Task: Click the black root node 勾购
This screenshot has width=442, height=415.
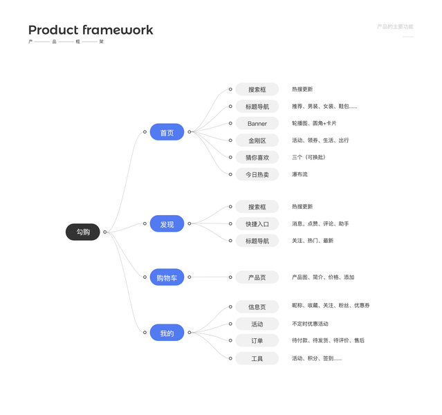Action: pos(83,232)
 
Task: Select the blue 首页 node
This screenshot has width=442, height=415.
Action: pos(167,132)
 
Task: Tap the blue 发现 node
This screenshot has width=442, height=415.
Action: pos(167,224)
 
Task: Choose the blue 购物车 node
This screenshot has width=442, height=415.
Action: pos(167,277)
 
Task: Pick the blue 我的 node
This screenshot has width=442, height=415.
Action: pos(167,333)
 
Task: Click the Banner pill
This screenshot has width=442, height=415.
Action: pos(257,123)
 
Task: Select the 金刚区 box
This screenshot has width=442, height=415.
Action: pos(257,140)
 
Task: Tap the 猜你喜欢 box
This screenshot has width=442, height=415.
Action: pos(257,158)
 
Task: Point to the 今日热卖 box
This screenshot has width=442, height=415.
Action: pos(257,174)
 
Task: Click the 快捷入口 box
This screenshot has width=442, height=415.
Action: pos(257,224)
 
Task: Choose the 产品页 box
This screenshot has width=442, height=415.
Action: pos(257,277)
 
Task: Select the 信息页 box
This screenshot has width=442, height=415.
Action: pos(257,306)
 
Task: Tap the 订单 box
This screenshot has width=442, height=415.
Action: pos(257,341)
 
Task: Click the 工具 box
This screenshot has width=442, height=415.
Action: pos(257,358)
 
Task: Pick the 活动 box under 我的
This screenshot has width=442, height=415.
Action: pos(257,324)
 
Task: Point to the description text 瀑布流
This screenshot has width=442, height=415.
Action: pos(300,174)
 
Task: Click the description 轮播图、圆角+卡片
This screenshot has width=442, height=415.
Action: pos(314,123)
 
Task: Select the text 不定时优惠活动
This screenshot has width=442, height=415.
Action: pos(310,324)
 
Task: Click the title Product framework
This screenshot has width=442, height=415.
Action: pos(91,30)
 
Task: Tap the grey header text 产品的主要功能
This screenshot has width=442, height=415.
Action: pos(395,26)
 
